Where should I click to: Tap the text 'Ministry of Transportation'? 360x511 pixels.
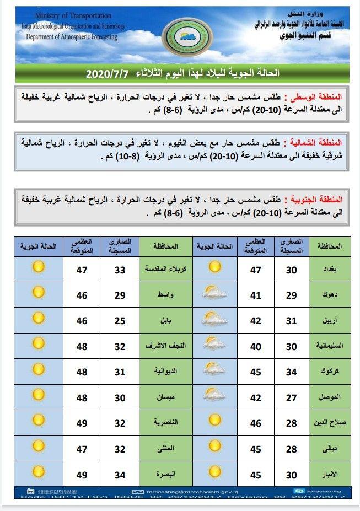click(73, 16)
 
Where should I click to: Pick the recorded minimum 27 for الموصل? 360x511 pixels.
click(291, 397)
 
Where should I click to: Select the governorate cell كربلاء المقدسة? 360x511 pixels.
click(165, 270)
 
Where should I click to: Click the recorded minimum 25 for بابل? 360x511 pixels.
click(120, 321)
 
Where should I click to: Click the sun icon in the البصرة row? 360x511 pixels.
click(38, 471)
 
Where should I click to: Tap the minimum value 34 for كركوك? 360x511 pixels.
click(291, 372)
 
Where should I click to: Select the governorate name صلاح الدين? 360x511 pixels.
click(329, 423)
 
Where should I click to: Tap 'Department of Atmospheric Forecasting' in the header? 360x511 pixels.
click(72, 36)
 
